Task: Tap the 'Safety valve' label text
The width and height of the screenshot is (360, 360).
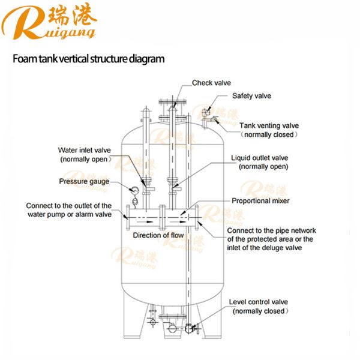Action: click(x=251, y=95)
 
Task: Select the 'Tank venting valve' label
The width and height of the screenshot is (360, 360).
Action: click(x=269, y=126)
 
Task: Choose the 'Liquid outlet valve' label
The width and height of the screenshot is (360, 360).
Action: click(x=260, y=158)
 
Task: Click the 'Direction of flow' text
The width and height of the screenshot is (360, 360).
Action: click(x=158, y=235)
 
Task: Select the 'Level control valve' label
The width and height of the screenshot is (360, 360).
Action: click(x=260, y=302)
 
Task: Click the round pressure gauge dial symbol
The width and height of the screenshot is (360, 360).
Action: click(x=134, y=191)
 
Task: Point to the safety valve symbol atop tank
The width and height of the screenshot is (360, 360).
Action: click(x=206, y=112)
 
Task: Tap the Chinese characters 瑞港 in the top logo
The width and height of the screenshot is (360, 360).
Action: click(x=76, y=14)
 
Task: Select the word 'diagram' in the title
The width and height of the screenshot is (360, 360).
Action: click(x=145, y=59)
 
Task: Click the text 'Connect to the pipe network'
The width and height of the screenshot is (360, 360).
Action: click(x=271, y=230)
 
